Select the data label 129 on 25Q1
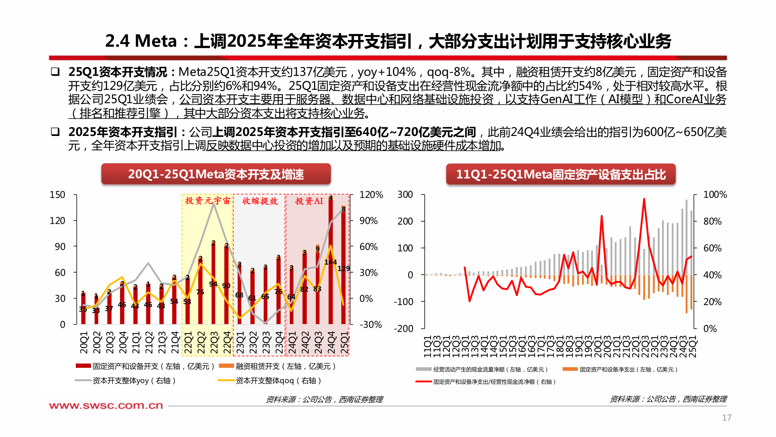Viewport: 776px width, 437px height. point(344,269)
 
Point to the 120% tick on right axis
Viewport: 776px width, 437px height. point(371,195)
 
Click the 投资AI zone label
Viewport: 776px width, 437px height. point(309,201)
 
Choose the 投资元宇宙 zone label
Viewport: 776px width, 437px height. point(207,201)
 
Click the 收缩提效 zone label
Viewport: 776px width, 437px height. point(260,201)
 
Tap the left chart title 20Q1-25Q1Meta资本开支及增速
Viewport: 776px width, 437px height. point(216,174)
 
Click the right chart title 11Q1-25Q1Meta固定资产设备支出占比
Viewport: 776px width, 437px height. point(561,174)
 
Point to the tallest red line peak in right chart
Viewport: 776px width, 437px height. point(644,199)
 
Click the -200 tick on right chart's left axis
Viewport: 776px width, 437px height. point(403,329)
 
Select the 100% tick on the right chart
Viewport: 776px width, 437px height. point(715,195)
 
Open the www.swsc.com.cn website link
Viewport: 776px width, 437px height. point(106,405)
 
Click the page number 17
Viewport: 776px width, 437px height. point(726,418)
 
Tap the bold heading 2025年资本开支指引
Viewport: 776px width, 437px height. point(123,132)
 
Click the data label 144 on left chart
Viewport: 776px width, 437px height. point(331,262)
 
